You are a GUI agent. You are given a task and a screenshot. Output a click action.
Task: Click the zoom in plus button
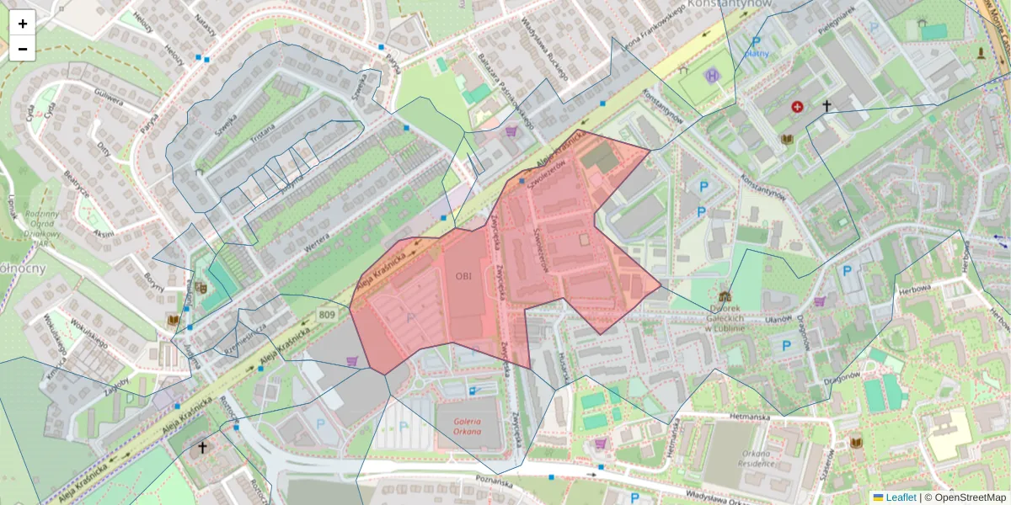pyautogui.click(x=23, y=24)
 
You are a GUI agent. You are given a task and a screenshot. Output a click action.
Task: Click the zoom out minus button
pyautogui.click(x=23, y=49)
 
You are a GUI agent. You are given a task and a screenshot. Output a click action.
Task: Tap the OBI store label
pyautogui.click(x=464, y=275)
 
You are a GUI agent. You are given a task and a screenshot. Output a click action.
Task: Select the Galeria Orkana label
pyautogui.click(x=471, y=427)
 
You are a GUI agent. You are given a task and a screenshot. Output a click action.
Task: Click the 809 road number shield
pyautogui.click(x=328, y=315)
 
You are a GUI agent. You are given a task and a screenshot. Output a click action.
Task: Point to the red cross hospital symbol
pyautogui.click(x=797, y=107)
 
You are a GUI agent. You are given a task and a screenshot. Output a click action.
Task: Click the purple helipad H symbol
pyautogui.click(x=714, y=76)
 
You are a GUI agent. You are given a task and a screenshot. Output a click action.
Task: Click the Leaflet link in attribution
pyautogui.click(x=900, y=497)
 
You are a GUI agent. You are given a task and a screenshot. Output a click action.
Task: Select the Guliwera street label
pyautogui.click(x=107, y=98)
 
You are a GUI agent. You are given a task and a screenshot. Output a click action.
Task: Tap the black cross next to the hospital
pyautogui.click(x=826, y=106)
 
